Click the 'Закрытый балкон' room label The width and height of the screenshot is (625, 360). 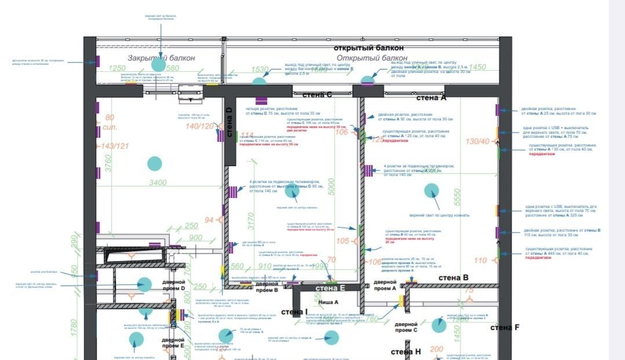[x=161, y=58]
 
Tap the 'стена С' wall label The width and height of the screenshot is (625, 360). [x=317, y=94]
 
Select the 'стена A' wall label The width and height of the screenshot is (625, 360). [x=432, y=98]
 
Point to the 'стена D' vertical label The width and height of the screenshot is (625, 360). [x=229, y=123]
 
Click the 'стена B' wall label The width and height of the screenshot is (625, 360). [x=453, y=278]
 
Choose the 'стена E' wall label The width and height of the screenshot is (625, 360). [x=330, y=288]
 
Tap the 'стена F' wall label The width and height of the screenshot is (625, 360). [x=505, y=328]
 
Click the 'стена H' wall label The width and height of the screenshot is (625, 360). [x=405, y=352]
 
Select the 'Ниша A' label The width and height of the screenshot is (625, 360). [x=328, y=302]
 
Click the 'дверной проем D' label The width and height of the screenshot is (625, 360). [x=173, y=285]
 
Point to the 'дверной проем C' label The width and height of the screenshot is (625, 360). [x=407, y=327]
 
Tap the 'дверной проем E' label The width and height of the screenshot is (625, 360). [x=173, y=343]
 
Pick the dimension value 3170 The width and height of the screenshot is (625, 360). [x=251, y=222]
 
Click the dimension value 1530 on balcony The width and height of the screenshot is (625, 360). [x=259, y=70]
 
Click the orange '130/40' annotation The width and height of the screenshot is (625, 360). [x=477, y=141]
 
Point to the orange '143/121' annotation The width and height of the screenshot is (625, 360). [x=115, y=146]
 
